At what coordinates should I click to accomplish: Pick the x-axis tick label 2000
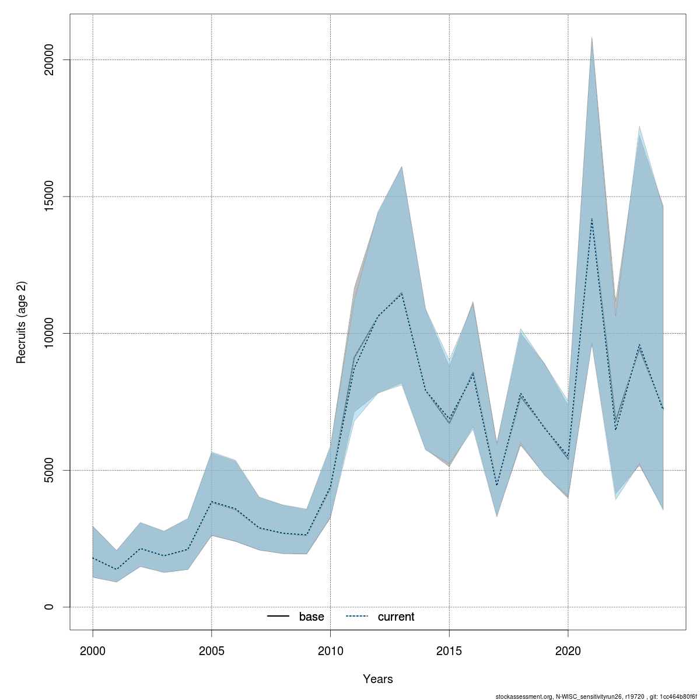tap(93, 650)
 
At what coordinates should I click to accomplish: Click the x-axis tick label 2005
tap(212, 650)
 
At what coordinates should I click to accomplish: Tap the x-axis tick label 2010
tap(330, 650)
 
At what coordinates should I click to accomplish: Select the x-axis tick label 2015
tap(449, 650)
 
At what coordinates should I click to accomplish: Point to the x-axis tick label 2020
tap(568, 650)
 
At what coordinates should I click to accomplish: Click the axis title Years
tap(378, 679)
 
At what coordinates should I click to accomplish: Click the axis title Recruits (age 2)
tap(22, 323)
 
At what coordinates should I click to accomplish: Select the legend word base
tap(311, 617)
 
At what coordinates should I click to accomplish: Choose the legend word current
tap(396, 617)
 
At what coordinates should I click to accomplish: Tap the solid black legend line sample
tap(278, 617)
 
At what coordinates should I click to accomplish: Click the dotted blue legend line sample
tap(357, 617)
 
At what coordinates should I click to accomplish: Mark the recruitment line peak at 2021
tap(592, 219)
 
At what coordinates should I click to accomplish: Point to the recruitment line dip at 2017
tap(497, 485)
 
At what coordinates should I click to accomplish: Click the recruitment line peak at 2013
tap(401, 293)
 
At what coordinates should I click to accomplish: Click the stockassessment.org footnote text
tap(596, 696)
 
